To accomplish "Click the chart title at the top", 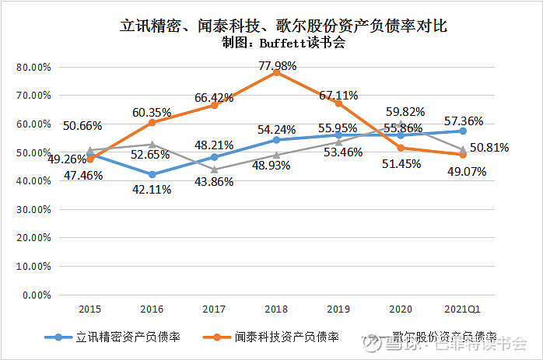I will tap(284, 26).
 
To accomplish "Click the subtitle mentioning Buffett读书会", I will tap(284, 44).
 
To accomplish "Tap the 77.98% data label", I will tap(278, 67).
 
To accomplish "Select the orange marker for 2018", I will tap(276, 72).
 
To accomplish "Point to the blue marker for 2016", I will tap(152, 175).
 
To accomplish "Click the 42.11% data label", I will tap(152, 189).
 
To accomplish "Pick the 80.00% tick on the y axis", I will tap(33, 67).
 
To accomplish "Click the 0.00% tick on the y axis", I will tap(36, 295).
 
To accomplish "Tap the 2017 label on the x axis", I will tap(214, 309).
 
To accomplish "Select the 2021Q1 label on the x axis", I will tap(463, 309).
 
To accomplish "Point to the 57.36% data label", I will tap(464, 121).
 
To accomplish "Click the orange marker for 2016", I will tap(152, 123).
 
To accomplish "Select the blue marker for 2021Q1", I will tap(463, 131).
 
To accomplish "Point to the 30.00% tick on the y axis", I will tap(33, 209).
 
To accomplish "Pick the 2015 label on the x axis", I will tap(90, 309).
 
